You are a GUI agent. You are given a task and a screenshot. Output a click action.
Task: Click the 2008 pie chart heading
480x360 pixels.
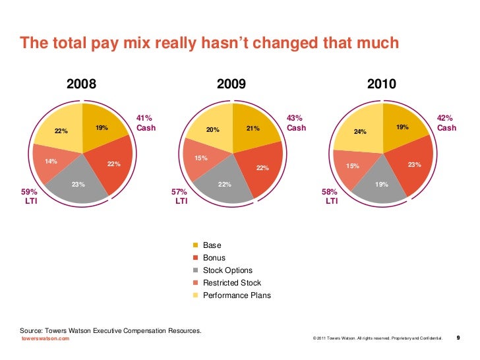point(82,84)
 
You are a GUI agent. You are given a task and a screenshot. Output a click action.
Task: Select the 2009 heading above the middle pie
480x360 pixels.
point(231,84)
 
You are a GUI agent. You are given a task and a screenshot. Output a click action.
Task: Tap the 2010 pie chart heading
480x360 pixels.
point(382,84)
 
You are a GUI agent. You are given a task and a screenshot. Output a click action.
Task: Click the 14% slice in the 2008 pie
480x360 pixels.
point(51,162)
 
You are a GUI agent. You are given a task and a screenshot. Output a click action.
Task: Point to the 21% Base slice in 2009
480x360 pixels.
point(253,130)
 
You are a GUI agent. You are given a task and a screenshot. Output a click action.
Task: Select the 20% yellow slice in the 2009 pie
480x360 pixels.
point(212,131)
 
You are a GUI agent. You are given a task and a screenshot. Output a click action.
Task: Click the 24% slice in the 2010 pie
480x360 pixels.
point(360,132)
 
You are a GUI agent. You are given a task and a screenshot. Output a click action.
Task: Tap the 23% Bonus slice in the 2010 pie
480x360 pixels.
point(414,165)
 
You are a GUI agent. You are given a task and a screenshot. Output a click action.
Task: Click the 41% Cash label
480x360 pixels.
point(146,123)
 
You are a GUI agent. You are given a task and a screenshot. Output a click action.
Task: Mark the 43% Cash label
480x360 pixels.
point(296,123)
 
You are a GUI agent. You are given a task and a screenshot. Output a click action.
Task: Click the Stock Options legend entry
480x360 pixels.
point(227,270)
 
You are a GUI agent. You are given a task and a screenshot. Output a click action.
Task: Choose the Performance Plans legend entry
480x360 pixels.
point(237,295)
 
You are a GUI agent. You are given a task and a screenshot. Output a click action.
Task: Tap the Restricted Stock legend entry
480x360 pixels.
point(232,283)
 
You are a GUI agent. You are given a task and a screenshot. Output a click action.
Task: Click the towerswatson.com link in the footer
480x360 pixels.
point(45,338)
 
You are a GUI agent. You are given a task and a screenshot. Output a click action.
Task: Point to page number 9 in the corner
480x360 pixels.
point(458,338)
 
